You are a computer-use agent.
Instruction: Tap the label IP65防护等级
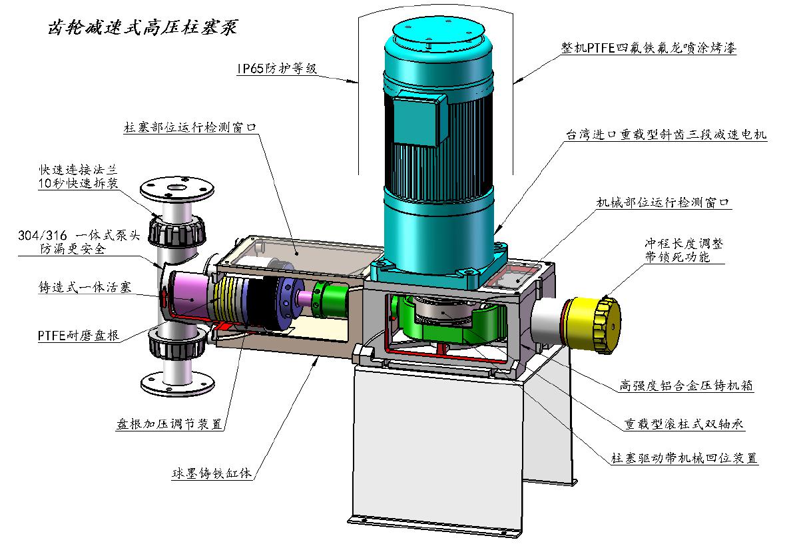[277, 68]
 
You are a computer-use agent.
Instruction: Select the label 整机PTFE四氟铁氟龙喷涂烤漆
[649, 48]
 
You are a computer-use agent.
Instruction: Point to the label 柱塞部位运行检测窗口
[190, 127]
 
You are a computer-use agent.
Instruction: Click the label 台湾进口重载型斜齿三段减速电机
[666, 135]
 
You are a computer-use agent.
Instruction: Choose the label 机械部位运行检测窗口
[663, 202]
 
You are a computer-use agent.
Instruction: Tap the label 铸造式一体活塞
[85, 287]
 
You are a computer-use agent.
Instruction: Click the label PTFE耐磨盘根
[79, 335]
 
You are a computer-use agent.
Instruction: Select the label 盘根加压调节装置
[170, 423]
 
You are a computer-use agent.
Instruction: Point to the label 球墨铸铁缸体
[212, 473]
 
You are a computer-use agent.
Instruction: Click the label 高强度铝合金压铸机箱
[686, 386]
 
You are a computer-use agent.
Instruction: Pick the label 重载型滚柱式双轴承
[684, 423]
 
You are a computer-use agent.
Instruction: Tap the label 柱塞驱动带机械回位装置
[684, 457]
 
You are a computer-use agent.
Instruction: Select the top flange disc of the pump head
[177, 190]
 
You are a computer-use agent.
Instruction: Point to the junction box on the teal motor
[415, 119]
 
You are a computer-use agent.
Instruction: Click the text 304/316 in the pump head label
[43, 235]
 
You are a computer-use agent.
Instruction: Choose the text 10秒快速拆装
[79, 183]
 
